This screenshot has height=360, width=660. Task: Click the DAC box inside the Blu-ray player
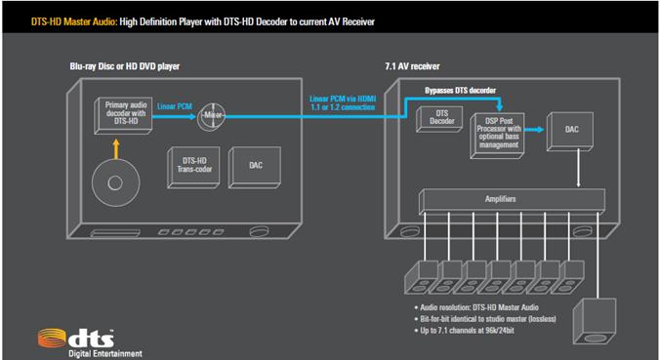[x=255, y=165]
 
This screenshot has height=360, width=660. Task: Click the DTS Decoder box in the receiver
[x=440, y=117]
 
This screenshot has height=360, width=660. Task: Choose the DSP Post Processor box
[x=502, y=131]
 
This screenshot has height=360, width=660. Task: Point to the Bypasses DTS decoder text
[x=466, y=89]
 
